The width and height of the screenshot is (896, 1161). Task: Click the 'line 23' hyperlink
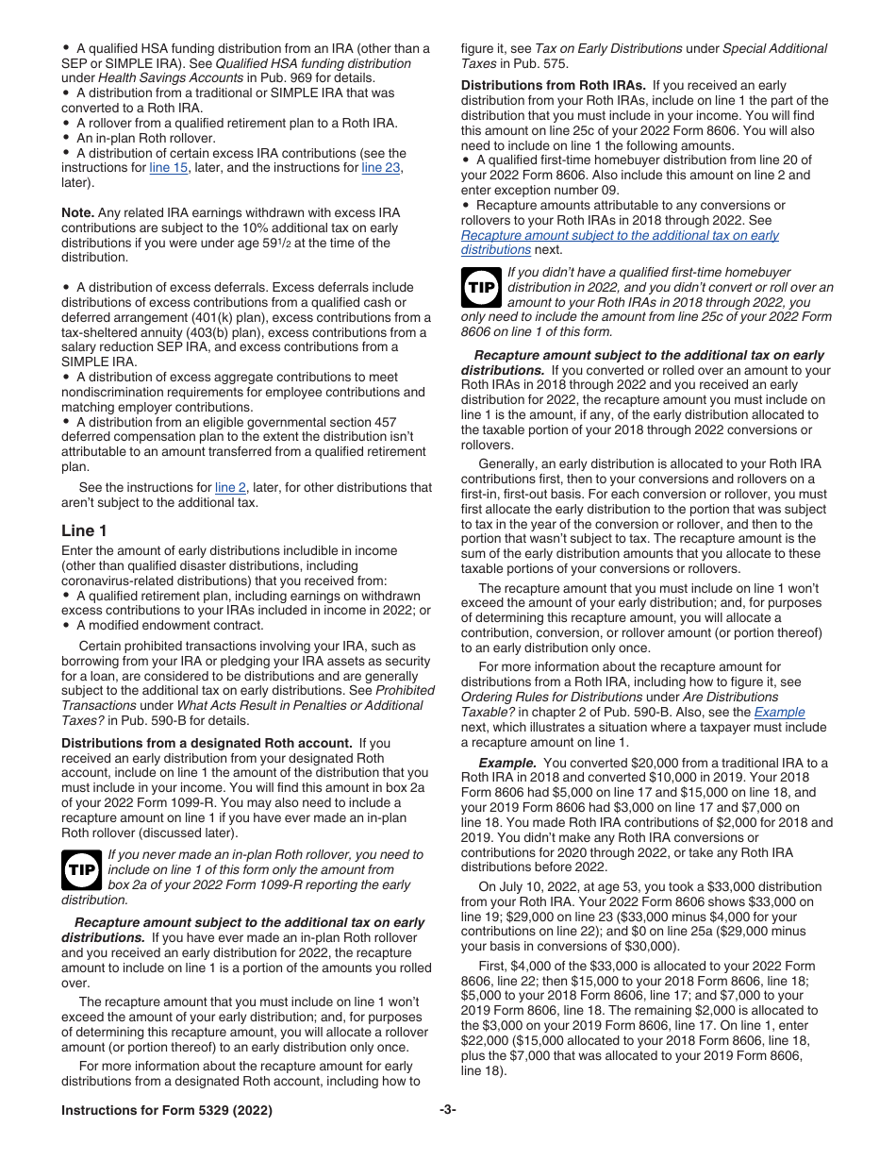click(x=381, y=168)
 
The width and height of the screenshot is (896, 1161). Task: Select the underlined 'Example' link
click(x=779, y=713)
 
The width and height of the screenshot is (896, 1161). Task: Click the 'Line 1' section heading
click(x=84, y=530)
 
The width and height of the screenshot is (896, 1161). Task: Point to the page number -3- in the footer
click(x=447, y=1111)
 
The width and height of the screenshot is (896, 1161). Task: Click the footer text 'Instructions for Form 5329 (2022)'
click(x=167, y=1111)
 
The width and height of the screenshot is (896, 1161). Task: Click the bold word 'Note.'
click(x=78, y=213)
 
